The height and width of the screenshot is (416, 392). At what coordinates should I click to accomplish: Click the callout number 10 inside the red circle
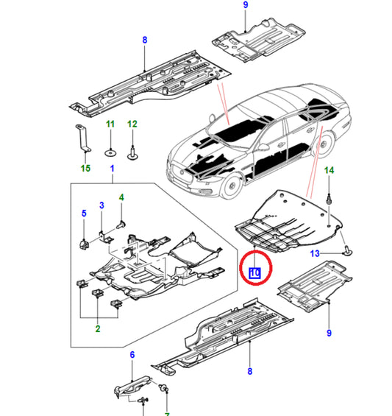pyautogui.click(x=255, y=273)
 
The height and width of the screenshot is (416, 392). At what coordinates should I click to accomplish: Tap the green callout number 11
pyautogui.click(x=110, y=124)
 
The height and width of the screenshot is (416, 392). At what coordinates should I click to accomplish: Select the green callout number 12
pyautogui.click(x=132, y=124)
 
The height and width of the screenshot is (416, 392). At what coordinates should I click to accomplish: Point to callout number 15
pyautogui.click(x=85, y=168)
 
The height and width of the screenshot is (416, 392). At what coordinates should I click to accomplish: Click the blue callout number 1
pyautogui.click(x=112, y=169)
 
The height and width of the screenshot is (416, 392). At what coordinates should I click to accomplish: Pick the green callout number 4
pyautogui.click(x=121, y=197)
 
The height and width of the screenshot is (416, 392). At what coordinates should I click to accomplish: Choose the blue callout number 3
pyautogui.click(x=101, y=205)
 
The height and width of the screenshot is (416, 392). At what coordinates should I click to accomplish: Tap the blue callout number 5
pyautogui.click(x=84, y=214)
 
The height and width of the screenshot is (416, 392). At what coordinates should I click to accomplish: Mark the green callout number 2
pyautogui.click(x=98, y=328)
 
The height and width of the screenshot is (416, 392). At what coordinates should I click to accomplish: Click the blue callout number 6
pyautogui.click(x=132, y=355)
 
